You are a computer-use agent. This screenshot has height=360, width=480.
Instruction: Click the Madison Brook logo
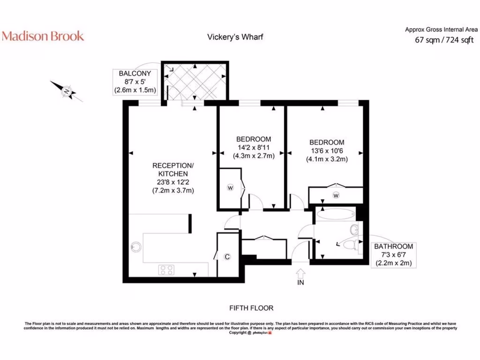pyautogui.click(x=43, y=36)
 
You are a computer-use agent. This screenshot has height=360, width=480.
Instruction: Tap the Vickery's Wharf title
pyautogui.click(x=235, y=37)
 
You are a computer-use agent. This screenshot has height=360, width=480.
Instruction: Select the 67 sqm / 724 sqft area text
pyautogui.click(x=444, y=40)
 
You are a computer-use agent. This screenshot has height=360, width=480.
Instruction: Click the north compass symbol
pyautogui.click(x=67, y=91)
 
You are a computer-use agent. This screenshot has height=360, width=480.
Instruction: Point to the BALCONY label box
pyautogui.click(x=135, y=82)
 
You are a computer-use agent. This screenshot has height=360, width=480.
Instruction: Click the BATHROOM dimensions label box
pyautogui.click(x=394, y=255)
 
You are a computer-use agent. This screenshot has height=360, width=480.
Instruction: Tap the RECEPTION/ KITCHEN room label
pyautogui.click(x=173, y=170)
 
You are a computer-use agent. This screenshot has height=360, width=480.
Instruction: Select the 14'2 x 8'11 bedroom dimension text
pyautogui.click(x=254, y=147)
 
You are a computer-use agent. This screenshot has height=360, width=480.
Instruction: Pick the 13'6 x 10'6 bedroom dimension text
pyautogui.click(x=327, y=150)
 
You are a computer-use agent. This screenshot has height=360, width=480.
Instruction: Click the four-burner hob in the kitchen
pyautogui.click(x=166, y=270)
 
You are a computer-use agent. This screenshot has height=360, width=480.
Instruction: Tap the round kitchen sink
pyautogui.click(x=135, y=247)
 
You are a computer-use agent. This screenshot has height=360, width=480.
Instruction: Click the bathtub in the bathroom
pyautogui.click(x=336, y=214)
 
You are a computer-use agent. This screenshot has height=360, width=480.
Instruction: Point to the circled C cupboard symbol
pyautogui.click(x=227, y=257)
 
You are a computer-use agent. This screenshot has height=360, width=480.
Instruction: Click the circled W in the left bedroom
pyautogui.click(x=231, y=187)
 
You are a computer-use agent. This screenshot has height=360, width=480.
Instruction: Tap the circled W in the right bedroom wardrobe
pyautogui.click(x=336, y=195)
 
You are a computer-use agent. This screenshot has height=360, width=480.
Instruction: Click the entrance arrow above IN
pyautogui.click(x=300, y=273)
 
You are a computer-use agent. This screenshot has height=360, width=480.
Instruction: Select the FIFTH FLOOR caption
pyautogui.click(x=251, y=308)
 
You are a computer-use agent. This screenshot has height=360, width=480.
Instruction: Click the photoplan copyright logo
pyautogui.click(x=262, y=333)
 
